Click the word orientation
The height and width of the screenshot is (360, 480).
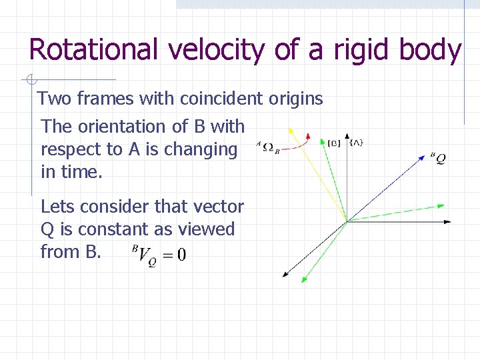(x=118, y=127)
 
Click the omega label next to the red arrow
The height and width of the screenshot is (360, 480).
(x=268, y=148)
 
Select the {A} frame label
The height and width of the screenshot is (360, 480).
(x=357, y=143)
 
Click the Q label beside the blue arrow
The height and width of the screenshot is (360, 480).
(x=438, y=159)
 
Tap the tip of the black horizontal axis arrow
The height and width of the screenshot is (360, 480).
(x=451, y=221)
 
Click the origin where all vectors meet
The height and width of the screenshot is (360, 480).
(x=347, y=221)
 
